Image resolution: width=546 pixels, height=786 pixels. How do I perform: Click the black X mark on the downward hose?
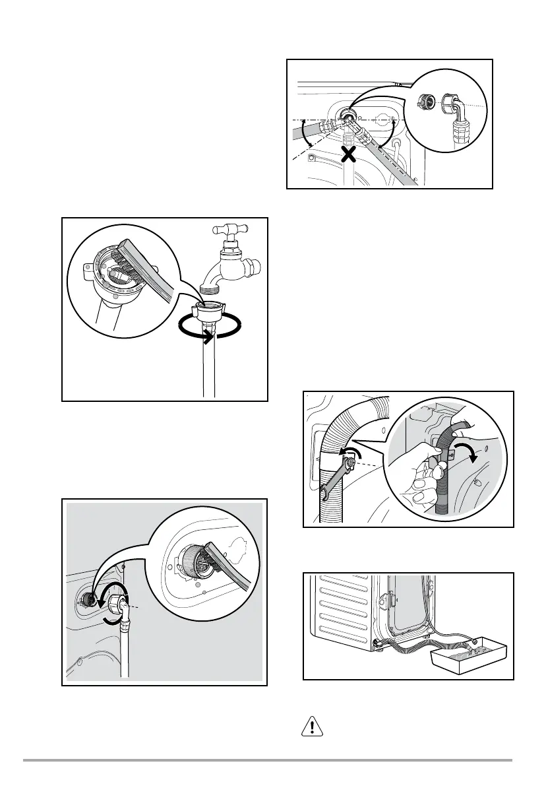point(349,155)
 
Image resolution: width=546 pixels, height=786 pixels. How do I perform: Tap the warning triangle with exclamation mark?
point(309,727)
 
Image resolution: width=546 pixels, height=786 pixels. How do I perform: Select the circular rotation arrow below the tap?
point(208,328)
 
